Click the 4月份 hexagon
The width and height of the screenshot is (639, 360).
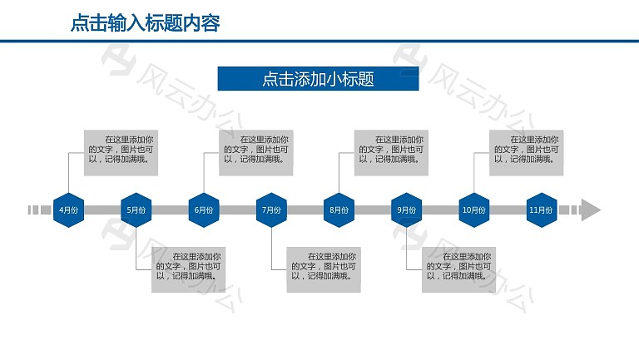pos(68,210)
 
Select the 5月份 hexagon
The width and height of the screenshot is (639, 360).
pos(136,210)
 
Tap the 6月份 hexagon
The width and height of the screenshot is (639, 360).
pos(204,210)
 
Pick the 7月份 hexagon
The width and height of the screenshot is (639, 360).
pos(271,210)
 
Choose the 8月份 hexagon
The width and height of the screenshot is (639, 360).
pos(339,210)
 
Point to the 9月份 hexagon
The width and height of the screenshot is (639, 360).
pos(406,210)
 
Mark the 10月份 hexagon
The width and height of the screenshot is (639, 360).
pos(474,210)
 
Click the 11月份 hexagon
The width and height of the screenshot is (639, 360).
pos(542,210)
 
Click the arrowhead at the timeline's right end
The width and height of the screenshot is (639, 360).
pos(591,210)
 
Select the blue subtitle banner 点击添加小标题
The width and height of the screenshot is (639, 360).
pos(319,79)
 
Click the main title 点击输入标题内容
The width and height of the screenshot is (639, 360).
pos(145,22)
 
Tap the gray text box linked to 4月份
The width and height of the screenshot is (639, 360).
pos(121,153)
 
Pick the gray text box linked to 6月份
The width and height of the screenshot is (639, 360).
pos(256,153)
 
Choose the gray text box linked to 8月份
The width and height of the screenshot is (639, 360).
pos(391,153)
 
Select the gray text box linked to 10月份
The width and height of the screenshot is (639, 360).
pos(526,153)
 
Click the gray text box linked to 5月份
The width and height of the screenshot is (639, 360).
pos(188,269)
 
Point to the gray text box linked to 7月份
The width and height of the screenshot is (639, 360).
pos(324,269)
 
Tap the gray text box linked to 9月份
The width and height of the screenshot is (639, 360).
pos(459,269)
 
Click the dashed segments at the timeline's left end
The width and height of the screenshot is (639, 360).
pos(39,210)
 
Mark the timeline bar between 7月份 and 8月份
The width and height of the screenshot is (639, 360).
pos(305,210)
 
